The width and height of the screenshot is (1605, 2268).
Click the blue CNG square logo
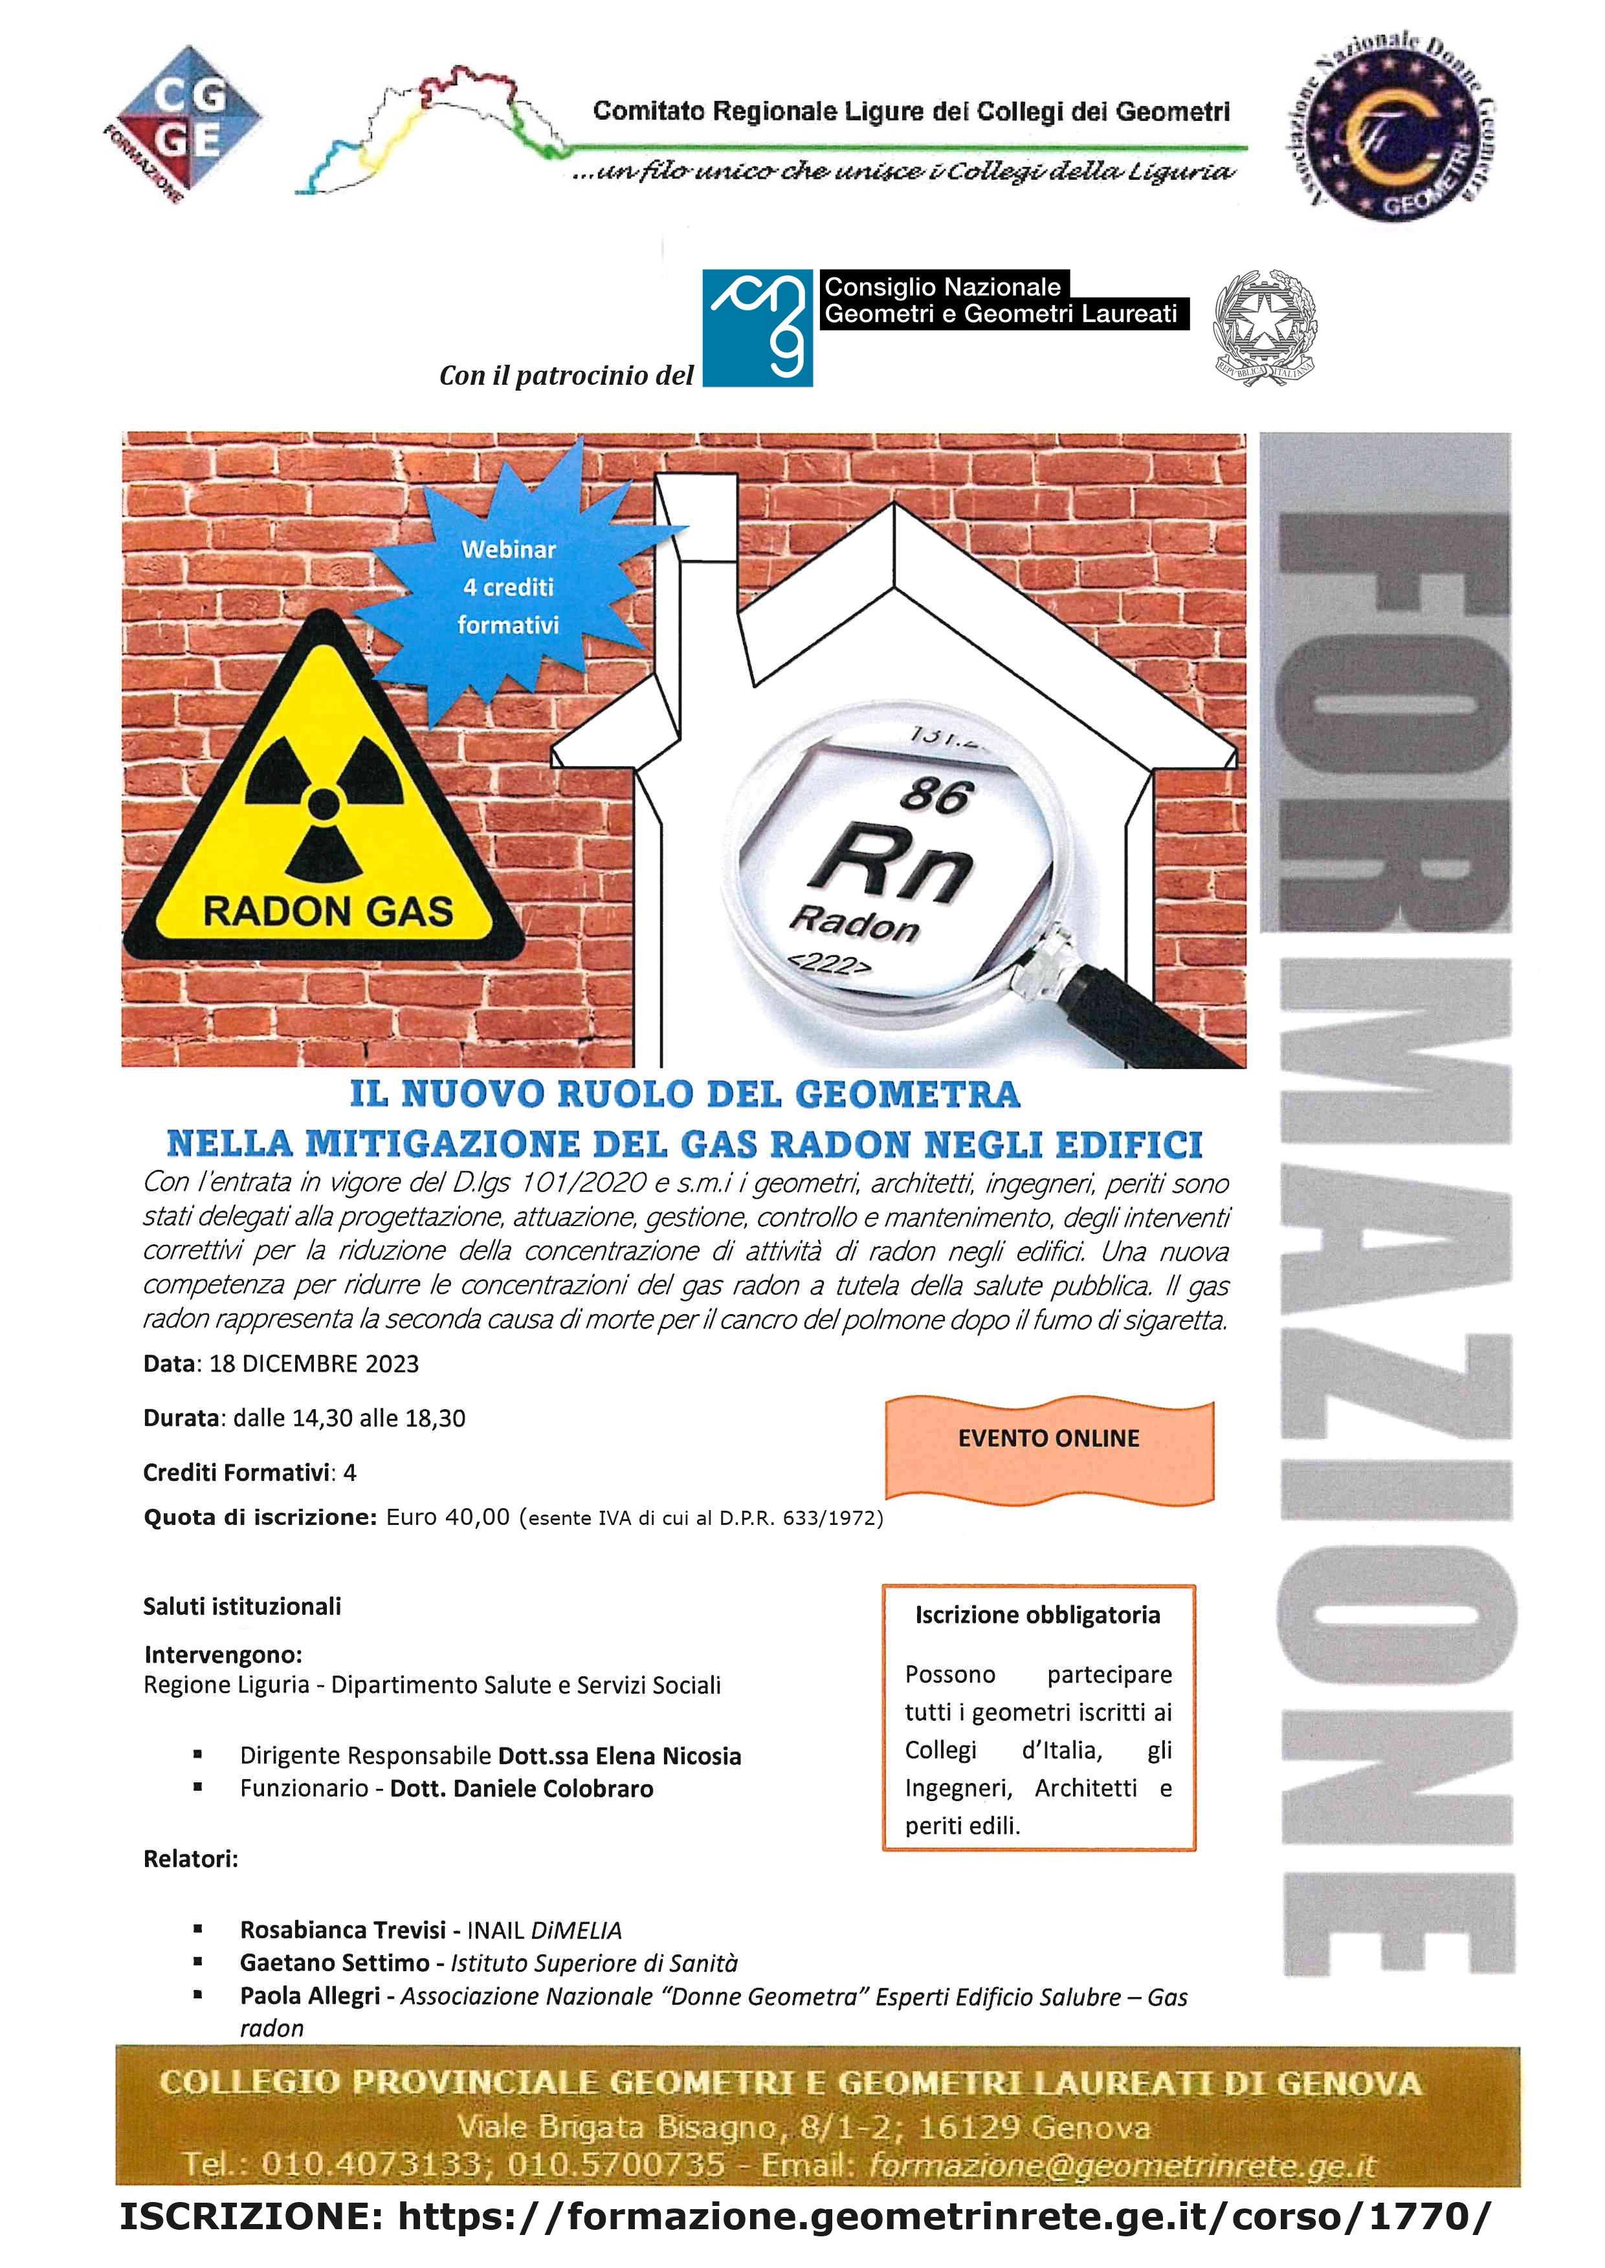click(757, 328)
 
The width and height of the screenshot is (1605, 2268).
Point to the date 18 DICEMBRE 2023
click(315, 1364)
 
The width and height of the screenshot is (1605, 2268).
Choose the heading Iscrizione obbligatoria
click(1037, 1615)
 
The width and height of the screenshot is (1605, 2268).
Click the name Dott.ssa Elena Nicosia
click(619, 1755)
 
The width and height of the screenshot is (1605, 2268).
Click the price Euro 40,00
click(448, 1517)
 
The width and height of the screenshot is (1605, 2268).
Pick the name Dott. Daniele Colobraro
click(522, 1788)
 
